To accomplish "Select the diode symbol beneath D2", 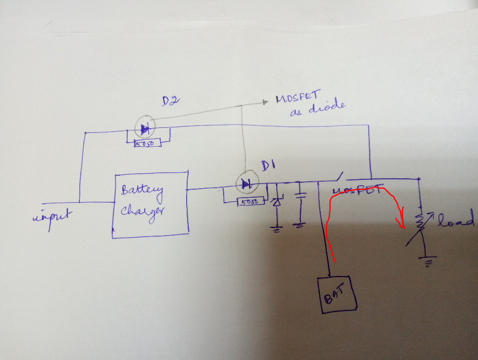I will (145, 130).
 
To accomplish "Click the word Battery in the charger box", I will (141, 190).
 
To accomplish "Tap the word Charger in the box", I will (144, 209).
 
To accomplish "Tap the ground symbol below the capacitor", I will (299, 226).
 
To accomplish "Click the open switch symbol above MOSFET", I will (338, 177).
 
